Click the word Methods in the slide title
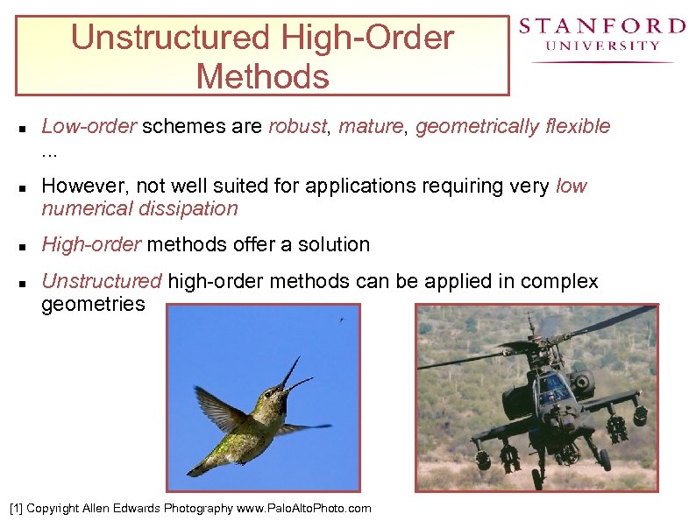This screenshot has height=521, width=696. [x=262, y=76]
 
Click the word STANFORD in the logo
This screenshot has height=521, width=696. [x=601, y=27]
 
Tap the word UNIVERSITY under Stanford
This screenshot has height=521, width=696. [x=602, y=46]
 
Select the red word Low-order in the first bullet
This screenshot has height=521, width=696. [x=89, y=126]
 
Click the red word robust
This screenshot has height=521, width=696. [x=297, y=126]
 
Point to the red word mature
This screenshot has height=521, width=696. [x=371, y=126]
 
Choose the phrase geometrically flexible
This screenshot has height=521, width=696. [x=513, y=126]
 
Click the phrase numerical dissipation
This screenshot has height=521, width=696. [x=139, y=208]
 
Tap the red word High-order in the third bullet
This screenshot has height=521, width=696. [x=91, y=244]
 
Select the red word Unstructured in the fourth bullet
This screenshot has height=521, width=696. [x=102, y=281]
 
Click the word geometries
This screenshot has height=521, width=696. [x=93, y=304]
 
